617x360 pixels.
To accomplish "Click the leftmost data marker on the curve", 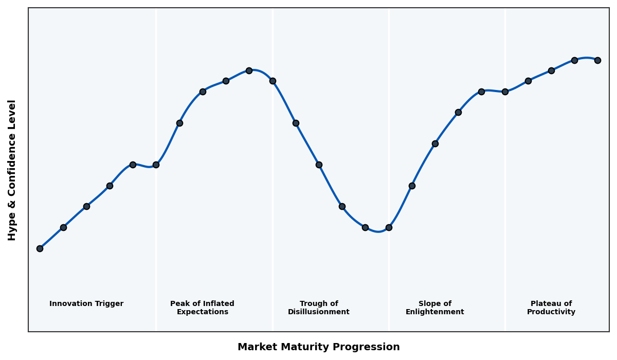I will (x=40, y=248).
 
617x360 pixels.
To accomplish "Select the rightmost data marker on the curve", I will (x=597, y=60).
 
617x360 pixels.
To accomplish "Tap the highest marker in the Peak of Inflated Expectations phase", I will (x=249, y=70).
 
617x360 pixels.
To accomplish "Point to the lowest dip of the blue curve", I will (x=378, y=231).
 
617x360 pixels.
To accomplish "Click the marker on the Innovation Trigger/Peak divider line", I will (x=156, y=165).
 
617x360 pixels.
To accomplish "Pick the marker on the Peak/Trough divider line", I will (x=273, y=81).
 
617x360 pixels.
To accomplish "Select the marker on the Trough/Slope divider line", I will (x=389, y=227).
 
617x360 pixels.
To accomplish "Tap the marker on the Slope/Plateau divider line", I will (x=505, y=92).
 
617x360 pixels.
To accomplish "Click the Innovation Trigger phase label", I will (x=86, y=304).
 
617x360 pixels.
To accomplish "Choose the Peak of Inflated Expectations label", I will (x=202, y=308).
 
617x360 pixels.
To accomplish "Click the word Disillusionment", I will (x=318, y=312).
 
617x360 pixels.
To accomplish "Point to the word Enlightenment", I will (x=434, y=312).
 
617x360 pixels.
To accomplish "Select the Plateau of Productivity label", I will (x=551, y=308).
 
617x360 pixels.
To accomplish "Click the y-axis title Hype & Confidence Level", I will (x=12, y=170).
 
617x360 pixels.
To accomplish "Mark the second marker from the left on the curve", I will (x=63, y=227).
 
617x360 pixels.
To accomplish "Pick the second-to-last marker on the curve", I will (x=574, y=60).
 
